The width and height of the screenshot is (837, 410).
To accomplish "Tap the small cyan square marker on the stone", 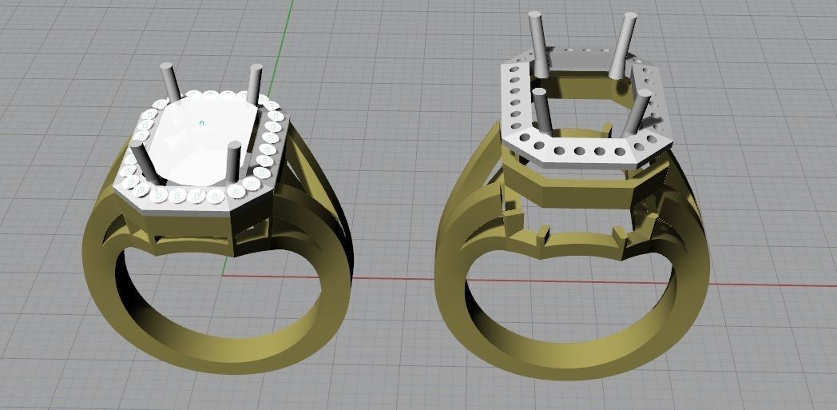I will tap(201, 123).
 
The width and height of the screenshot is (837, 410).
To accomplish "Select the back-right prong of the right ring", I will tap(625, 44).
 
